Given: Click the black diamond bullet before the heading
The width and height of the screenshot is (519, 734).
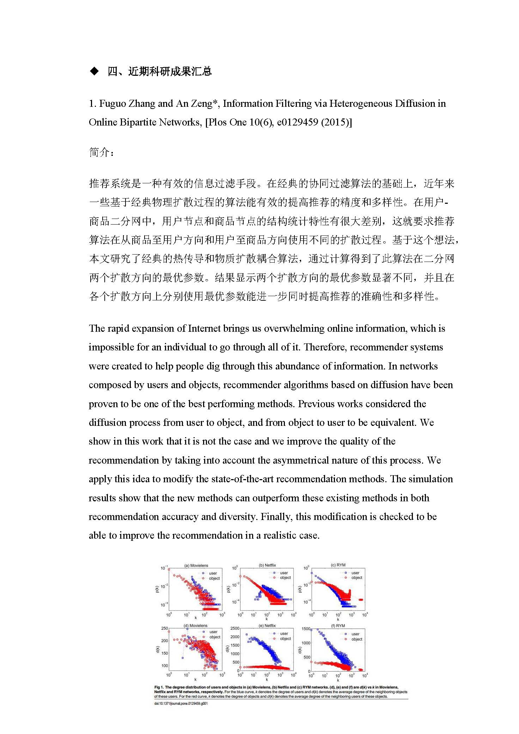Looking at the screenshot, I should (94, 72).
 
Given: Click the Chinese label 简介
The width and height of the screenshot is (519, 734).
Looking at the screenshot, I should (101, 152).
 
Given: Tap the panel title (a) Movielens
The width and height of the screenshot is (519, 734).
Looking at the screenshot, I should (196, 565).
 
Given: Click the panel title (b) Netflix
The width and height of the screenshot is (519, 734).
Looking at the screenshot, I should (267, 565).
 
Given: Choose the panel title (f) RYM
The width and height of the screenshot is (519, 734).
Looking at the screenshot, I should (338, 625).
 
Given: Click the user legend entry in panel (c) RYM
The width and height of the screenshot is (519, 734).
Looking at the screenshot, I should (355, 573).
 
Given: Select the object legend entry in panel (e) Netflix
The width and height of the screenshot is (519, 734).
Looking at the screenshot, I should (285, 638).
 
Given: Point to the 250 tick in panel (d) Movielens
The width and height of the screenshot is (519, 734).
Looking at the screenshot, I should (164, 628).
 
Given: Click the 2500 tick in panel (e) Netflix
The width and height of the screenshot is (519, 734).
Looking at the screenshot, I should (234, 628).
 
